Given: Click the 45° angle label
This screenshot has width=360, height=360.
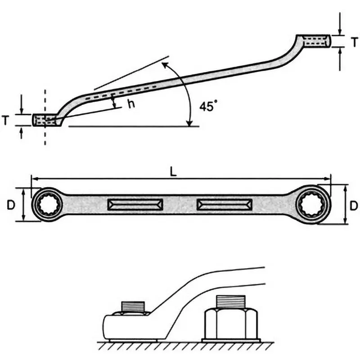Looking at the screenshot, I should click(208, 107).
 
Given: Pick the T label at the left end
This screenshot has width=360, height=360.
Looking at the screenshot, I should click(5, 120).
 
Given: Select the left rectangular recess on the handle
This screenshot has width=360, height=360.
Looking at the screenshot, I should click(135, 205).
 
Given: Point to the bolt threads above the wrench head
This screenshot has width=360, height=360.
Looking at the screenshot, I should click(134, 306).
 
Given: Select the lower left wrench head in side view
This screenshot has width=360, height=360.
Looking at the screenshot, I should click(46, 120).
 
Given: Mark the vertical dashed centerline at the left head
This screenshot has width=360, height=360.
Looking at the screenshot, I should click(45, 137).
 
